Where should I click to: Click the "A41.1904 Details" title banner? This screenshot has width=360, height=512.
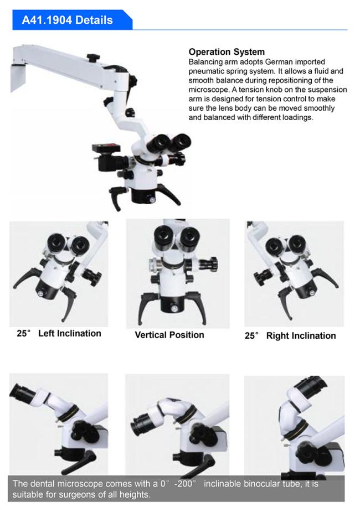(72, 20)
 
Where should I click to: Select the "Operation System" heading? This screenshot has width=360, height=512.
(227, 52)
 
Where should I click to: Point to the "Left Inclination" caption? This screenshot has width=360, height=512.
(70, 333)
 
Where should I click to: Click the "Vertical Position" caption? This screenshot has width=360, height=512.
(169, 335)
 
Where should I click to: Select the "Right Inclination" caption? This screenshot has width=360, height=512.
(301, 335)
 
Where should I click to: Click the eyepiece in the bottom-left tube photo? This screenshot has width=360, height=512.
(21, 394)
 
